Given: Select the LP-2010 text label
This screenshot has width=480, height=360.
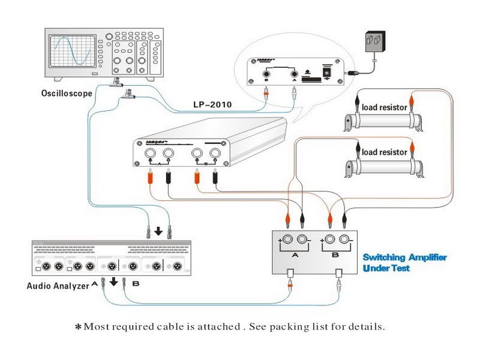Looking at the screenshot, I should click(x=212, y=104).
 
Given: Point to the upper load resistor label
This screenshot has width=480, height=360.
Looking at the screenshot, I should click(x=384, y=107).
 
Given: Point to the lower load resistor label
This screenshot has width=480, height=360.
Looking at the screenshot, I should click(x=384, y=152).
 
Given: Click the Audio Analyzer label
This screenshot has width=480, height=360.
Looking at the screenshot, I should click(x=58, y=286).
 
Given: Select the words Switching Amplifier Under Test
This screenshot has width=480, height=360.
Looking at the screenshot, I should click(x=404, y=262).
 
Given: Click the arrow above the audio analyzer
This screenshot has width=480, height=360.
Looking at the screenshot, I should click(x=158, y=231).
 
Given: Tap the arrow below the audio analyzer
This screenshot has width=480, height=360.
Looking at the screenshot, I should click(x=113, y=281).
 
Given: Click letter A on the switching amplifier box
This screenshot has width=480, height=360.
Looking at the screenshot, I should click(x=294, y=254).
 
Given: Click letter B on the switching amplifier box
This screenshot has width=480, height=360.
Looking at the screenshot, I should click(x=334, y=254).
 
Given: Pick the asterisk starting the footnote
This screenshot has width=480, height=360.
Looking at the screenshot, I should click(x=77, y=327).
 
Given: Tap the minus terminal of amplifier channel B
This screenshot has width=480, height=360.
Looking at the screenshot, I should click(x=344, y=240).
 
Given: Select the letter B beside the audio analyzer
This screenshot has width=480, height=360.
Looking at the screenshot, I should click(x=134, y=284).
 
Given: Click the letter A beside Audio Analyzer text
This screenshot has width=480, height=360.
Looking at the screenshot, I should click(x=94, y=284).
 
